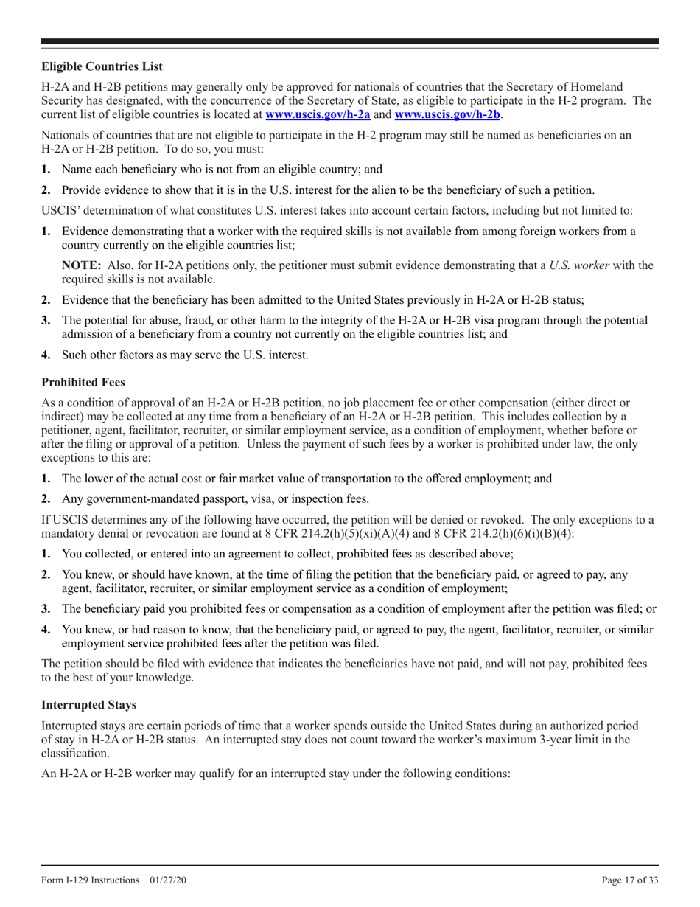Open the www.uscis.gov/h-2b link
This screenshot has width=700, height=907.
tap(447, 114)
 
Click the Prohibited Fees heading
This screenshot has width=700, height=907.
tap(83, 382)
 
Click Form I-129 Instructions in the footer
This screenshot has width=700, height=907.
tap(91, 880)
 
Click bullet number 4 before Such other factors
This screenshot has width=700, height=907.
tap(46, 355)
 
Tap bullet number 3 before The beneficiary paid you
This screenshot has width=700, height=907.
tap(46, 609)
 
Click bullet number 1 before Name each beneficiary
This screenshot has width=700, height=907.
tap(46, 169)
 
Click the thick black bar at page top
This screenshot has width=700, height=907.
tap(350, 41)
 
